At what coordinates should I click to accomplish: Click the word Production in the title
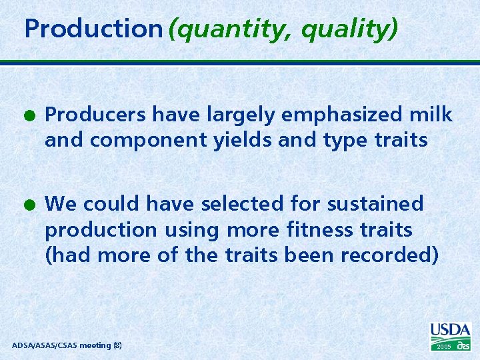[93, 29]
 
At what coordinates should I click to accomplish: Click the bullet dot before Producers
[31, 116]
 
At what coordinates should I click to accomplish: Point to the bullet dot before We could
[31, 204]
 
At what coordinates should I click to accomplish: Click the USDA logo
[451, 331]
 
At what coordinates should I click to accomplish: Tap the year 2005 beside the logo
[444, 347]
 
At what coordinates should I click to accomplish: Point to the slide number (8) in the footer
[117, 345]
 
